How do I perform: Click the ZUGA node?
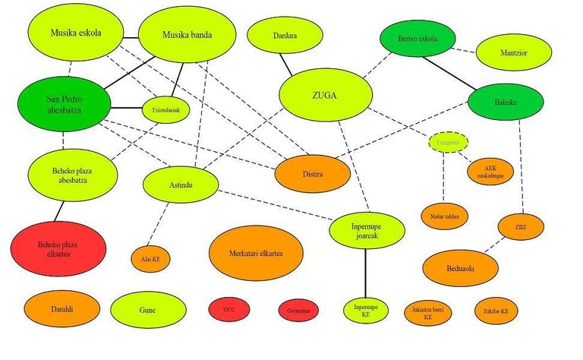326,96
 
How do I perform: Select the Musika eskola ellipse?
75,33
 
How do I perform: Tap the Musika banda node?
187,35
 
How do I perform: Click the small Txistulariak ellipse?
165,109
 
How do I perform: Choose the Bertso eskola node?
417,39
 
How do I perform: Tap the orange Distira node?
313,174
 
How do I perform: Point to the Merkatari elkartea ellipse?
256,252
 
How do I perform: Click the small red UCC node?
230,310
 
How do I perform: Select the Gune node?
148,310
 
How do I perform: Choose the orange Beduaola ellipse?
460,267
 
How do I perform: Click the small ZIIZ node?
520,226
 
